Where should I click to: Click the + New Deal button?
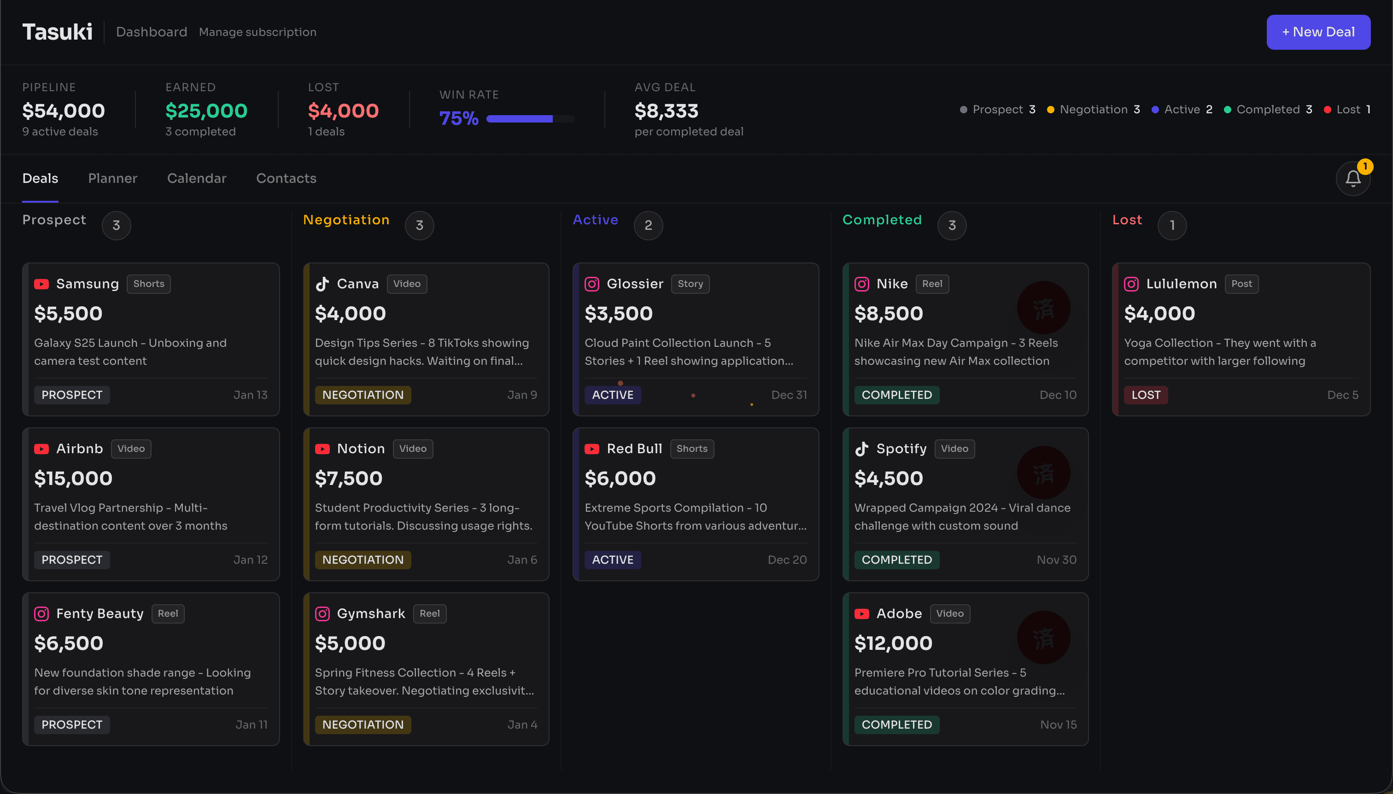(1318, 32)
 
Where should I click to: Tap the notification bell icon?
(1352, 178)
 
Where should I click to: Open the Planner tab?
(112, 178)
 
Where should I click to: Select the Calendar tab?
(196, 178)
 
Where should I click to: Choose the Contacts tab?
(286, 178)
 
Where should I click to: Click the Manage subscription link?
(258, 32)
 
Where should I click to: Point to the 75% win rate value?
(459, 118)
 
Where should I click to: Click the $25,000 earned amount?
(206, 111)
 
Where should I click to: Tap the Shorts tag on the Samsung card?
(148, 284)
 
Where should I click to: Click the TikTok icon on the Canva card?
(322, 284)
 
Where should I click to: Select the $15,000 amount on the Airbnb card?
(73, 478)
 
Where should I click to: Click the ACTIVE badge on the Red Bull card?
(613, 560)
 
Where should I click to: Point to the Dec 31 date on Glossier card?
(789, 395)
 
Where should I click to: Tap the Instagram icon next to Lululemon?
(1131, 284)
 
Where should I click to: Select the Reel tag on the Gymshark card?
(429, 613)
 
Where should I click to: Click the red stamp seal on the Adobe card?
(1043, 637)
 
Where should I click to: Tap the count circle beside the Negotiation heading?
(419, 225)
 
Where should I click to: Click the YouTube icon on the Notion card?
(322, 449)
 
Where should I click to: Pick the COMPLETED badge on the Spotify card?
(896, 560)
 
